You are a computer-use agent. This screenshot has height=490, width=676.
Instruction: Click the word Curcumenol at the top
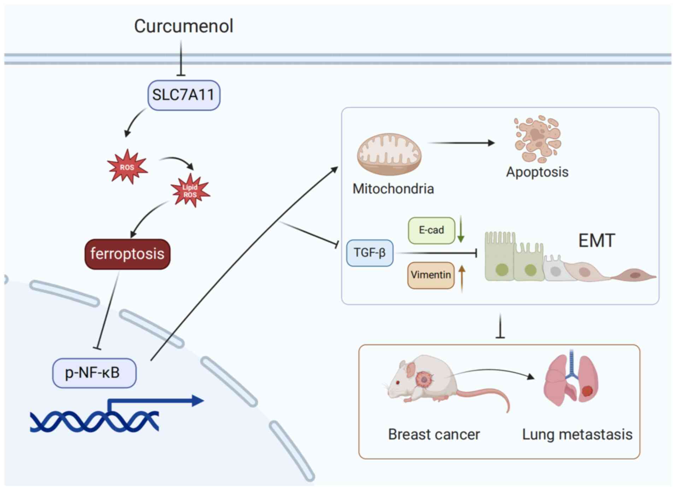[x=183, y=26]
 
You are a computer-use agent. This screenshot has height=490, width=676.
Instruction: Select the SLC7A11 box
[x=184, y=95]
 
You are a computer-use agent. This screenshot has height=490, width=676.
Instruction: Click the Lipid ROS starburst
[x=190, y=191]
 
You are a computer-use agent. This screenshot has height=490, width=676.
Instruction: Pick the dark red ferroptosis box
[x=127, y=254]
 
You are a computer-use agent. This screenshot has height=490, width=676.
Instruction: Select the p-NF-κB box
[x=94, y=373]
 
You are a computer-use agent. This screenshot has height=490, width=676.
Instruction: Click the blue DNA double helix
[x=94, y=421]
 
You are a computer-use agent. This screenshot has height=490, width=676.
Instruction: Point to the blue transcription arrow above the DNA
[x=159, y=401]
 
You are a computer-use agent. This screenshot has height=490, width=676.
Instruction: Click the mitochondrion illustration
[x=389, y=155]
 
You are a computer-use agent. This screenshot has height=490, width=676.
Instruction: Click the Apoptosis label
[x=537, y=172]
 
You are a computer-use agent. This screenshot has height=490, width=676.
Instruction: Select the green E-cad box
[x=431, y=230]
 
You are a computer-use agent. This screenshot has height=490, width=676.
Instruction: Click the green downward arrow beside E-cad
[x=460, y=230]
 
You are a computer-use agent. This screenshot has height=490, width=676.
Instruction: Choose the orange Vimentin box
[x=431, y=275]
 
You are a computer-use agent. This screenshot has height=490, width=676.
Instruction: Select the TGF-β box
[x=370, y=253]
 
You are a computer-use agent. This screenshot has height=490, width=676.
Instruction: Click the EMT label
[x=596, y=241]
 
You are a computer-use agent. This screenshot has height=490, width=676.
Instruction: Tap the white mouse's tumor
[x=423, y=379]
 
